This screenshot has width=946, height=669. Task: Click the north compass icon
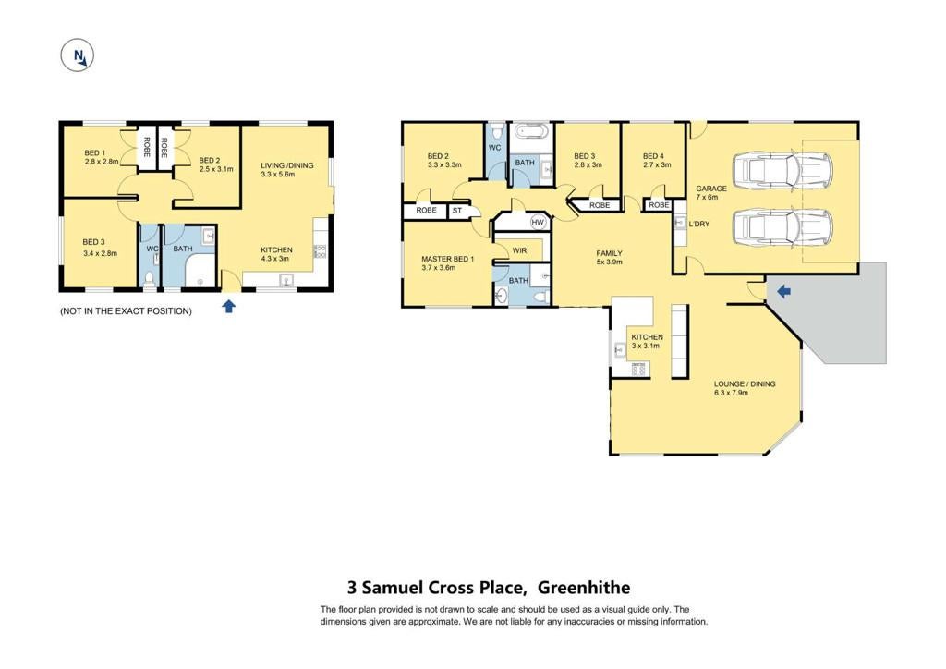(x=78, y=55)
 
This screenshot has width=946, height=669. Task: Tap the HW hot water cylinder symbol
(x=538, y=223)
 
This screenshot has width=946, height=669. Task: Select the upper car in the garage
(x=782, y=169)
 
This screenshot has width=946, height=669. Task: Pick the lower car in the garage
(x=782, y=226)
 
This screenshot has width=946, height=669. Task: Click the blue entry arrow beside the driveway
(x=783, y=292)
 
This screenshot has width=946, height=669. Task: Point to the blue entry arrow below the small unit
(x=229, y=307)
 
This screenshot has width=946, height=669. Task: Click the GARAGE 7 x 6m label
(x=711, y=192)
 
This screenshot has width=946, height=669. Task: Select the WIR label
(x=519, y=250)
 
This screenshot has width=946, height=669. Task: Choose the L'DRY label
(x=699, y=224)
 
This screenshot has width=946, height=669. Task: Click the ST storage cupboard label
(x=456, y=211)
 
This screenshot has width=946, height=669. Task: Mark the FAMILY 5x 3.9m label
(x=610, y=258)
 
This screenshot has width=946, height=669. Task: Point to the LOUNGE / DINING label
(x=745, y=383)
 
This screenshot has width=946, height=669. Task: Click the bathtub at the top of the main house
(x=531, y=131)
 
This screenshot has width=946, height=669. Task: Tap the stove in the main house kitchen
(x=639, y=369)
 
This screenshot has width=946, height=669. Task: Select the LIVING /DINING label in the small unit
(x=287, y=165)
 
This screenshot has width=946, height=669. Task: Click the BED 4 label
(x=653, y=155)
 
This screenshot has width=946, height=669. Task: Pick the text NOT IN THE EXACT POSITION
(x=126, y=311)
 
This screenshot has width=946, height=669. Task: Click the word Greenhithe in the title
(x=584, y=587)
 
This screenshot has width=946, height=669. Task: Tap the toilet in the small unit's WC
(x=149, y=279)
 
